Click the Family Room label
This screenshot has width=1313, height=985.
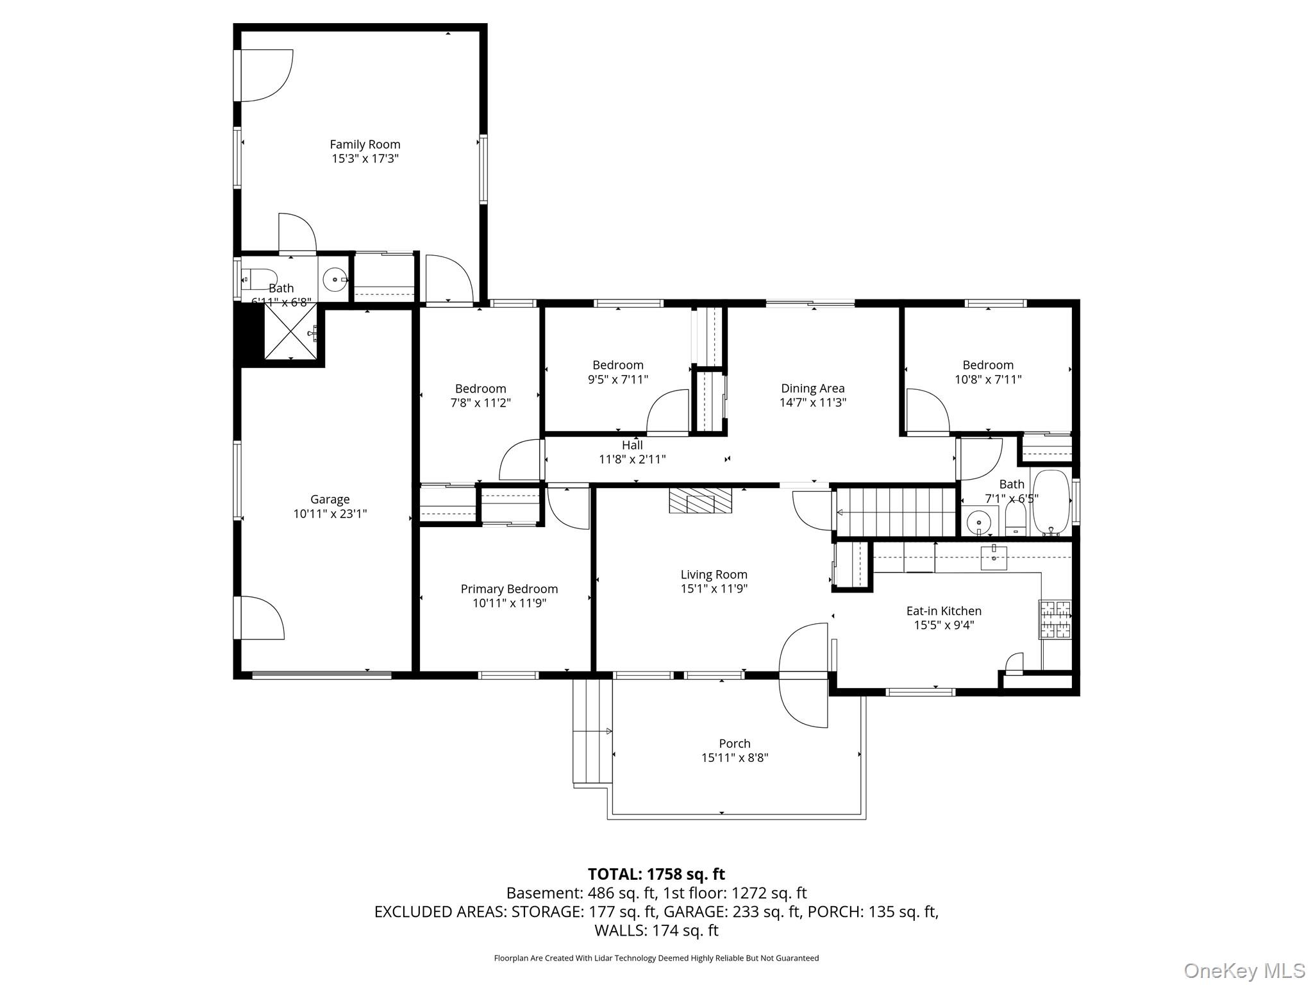click(x=365, y=145)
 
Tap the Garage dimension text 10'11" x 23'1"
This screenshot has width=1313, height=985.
click(x=330, y=514)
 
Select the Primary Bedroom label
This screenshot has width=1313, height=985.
click(x=509, y=589)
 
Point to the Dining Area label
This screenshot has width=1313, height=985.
click(x=812, y=389)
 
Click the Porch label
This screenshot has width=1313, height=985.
click(x=735, y=743)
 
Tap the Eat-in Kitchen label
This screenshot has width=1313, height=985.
click(x=944, y=611)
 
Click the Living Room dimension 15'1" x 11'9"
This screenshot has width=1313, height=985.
click(x=714, y=589)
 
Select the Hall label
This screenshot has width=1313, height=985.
click(x=632, y=445)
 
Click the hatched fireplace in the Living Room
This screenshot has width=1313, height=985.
click(x=700, y=500)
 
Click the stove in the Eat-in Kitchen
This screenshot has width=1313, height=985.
click(x=1055, y=619)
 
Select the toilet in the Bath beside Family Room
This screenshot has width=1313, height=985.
click(x=258, y=280)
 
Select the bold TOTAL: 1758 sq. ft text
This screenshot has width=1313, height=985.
click(x=656, y=874)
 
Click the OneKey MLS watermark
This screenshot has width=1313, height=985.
click(x=1244, y=971)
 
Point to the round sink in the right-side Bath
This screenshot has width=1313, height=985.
click(x=979, y=522)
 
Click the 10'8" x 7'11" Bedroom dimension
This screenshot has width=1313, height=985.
click(x=988, y=379)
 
